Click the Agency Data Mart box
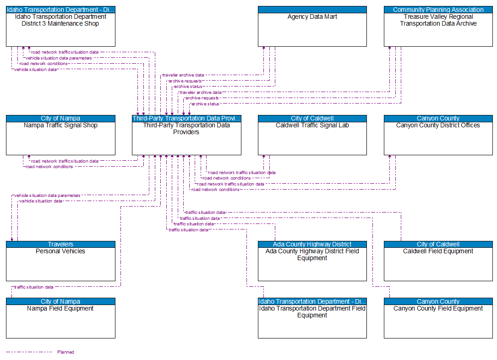coord(312,29)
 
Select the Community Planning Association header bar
coord(438,10)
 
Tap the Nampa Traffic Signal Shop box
coord(60,138)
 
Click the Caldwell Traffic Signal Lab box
coord(312,138)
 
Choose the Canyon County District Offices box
coord(438,138)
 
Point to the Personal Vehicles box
coord(60,264)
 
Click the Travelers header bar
coord(60,244)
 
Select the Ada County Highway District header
coord(312,244)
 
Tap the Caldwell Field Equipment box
coord(438,264)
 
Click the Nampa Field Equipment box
coord(60,321)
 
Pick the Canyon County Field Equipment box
coord(438,321)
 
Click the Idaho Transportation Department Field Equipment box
coord(312,321)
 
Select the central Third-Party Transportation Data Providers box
coord(186,138)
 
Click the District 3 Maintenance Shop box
coord(60,29)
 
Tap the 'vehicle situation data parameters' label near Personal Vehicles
coord(47,196)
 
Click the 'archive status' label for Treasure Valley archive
coord(205,104)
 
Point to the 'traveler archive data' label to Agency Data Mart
coord(183,75)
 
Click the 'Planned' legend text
coord(66,352)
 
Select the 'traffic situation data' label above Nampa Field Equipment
coord(34,287)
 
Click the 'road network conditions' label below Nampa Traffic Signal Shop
coord(49,167)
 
